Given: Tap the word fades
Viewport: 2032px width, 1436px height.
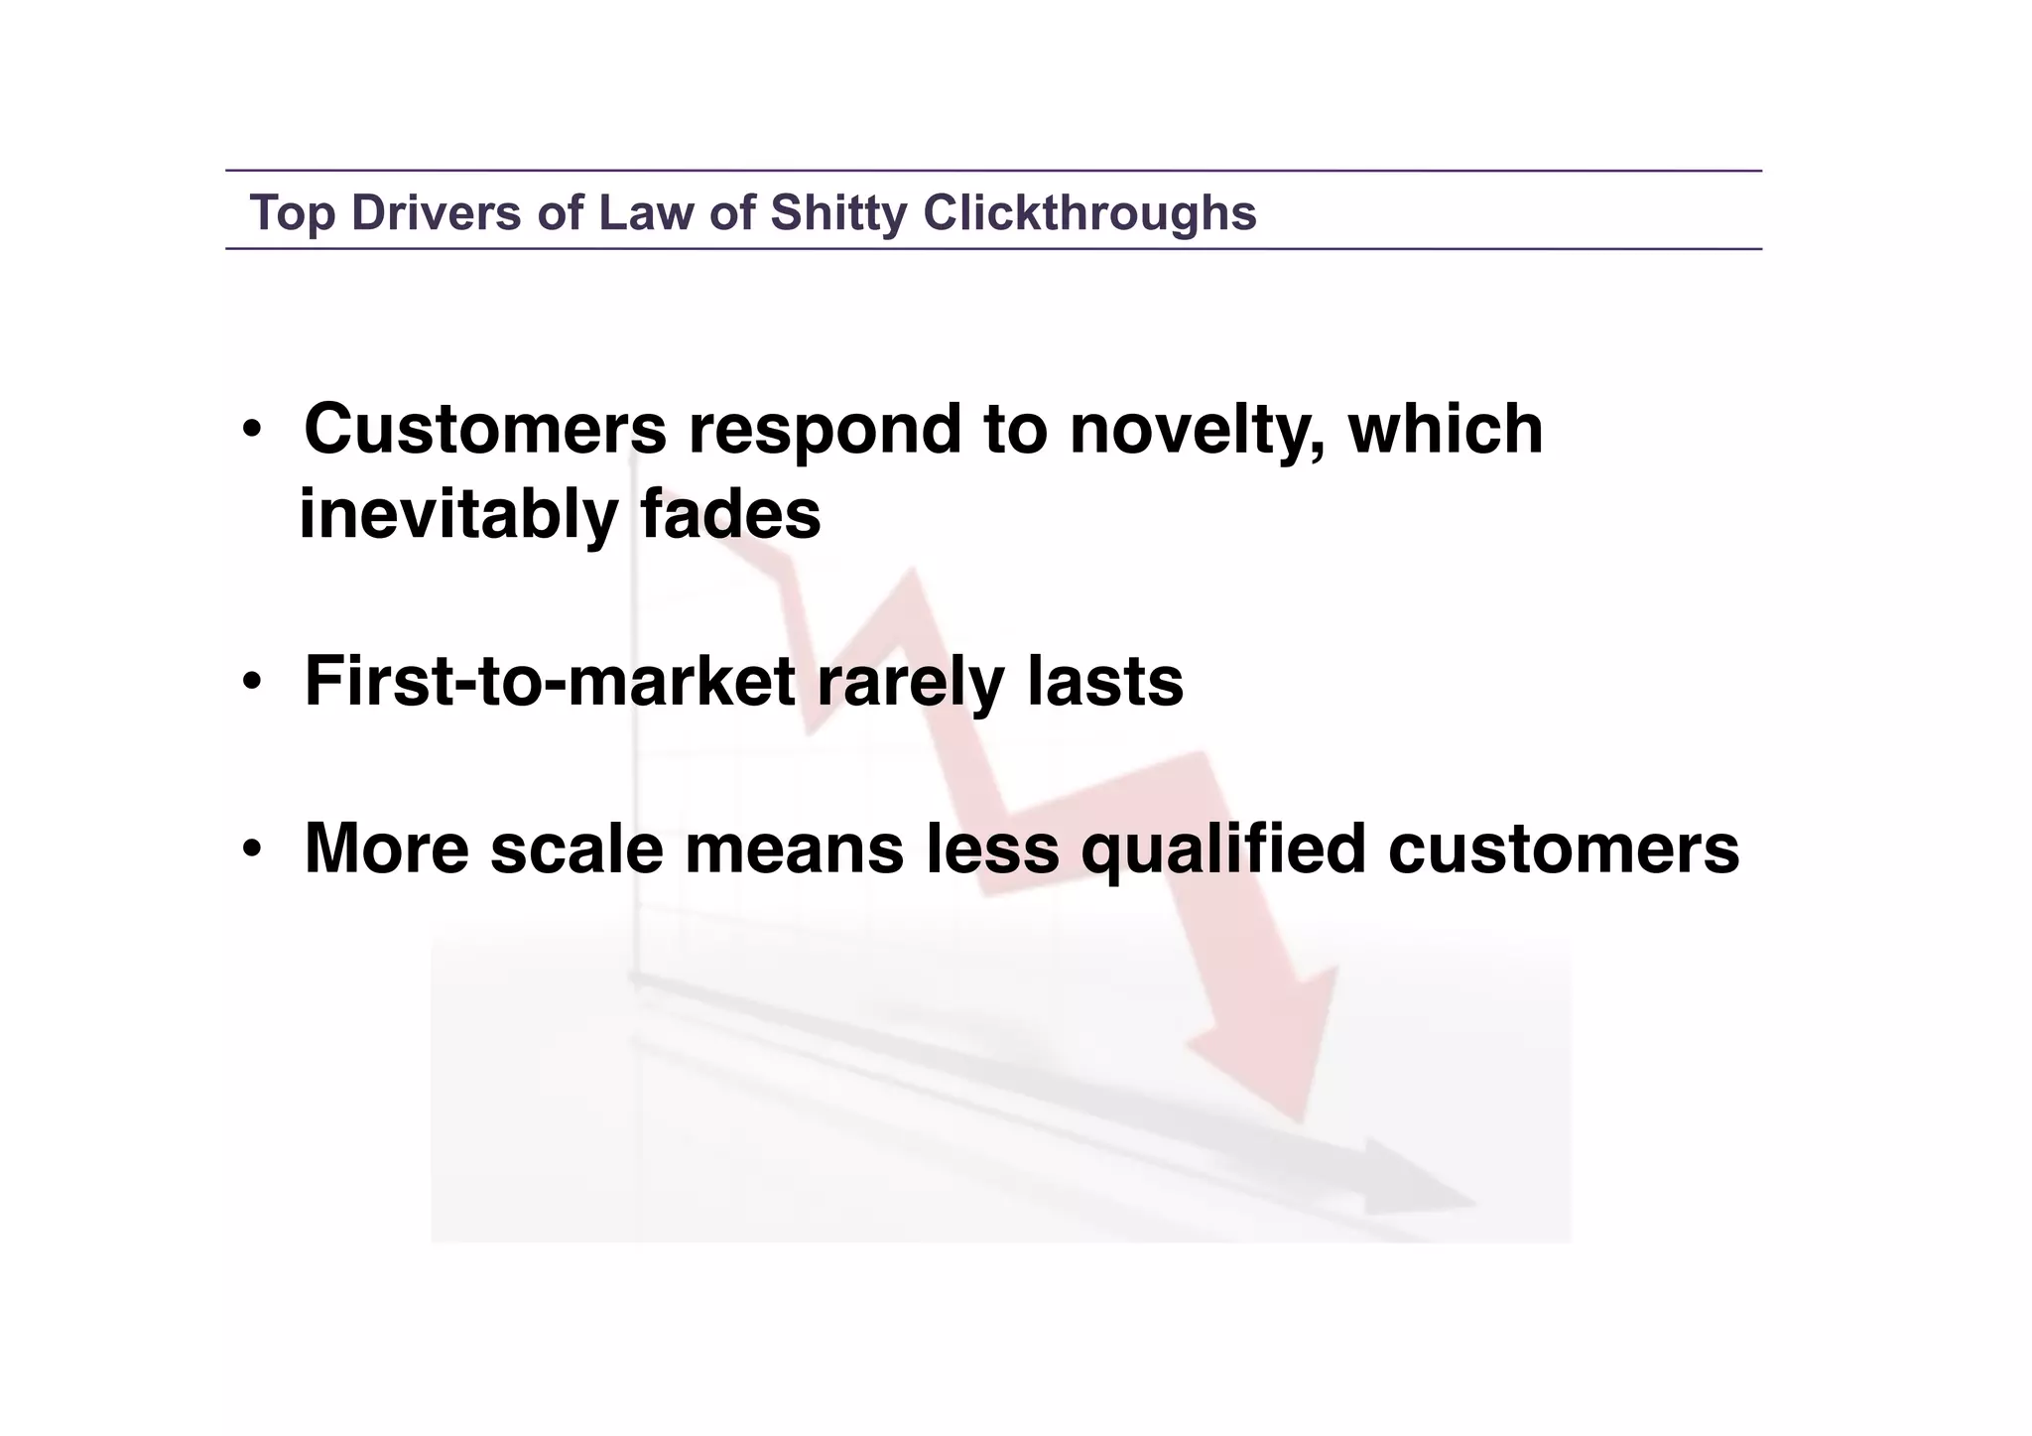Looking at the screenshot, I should (730, 515).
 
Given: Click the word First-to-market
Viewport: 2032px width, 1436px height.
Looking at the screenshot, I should (550, 682).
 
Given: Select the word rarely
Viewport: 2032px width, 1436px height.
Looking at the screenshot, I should (910, 684).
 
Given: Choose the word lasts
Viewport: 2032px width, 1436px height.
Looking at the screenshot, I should (1104, 682).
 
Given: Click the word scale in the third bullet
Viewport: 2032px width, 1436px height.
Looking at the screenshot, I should (576, 849).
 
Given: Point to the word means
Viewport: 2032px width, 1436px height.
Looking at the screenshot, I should (794, 849).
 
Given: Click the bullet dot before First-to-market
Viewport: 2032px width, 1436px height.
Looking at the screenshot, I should (252, 683).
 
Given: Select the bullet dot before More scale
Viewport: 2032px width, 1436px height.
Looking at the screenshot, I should (252, 850).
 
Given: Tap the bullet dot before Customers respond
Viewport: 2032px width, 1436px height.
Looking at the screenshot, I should (252, 431).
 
